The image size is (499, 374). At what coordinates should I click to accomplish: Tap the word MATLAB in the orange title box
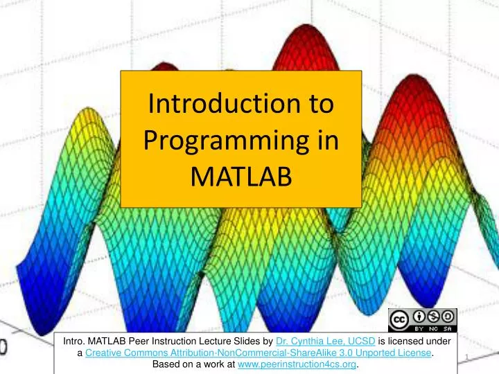(x=240, y=179)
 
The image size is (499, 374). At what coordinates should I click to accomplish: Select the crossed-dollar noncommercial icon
(x=432, y=316)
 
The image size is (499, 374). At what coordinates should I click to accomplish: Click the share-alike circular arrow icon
(x=447, y=316)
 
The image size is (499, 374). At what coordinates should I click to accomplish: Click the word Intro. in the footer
(x=75, y=341)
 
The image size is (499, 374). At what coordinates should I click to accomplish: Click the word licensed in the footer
(x=402, y=341)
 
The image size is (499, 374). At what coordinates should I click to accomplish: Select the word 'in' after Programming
(x=326, y=142)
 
